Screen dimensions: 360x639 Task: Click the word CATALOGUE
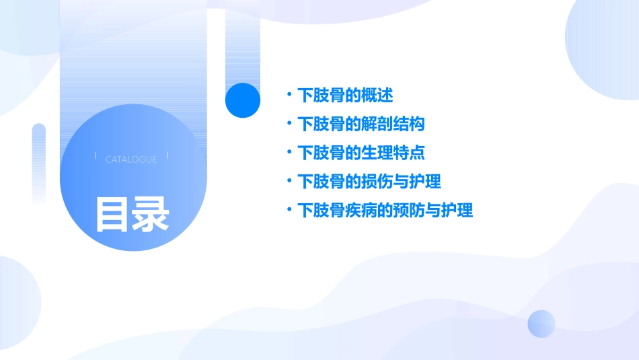[131, 159]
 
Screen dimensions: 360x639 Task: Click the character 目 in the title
[112, 213]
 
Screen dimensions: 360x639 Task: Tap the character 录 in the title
[151, 213]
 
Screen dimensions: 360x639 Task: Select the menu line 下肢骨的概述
[345, 96]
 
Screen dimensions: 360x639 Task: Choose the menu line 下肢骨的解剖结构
[361, 124]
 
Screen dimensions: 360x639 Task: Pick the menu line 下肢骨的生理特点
[361, 153]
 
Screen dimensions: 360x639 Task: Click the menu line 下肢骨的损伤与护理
[369, 182]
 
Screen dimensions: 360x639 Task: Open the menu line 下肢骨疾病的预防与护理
[385, 211]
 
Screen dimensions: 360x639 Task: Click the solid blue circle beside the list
[243, 100]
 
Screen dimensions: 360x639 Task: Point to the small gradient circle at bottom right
[541, 324]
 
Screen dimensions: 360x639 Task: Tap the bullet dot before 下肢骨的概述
[289, 96]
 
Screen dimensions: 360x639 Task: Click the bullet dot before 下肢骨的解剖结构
[289, 124]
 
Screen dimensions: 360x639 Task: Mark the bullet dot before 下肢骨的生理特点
[289, 153]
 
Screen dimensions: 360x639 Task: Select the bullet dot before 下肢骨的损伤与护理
[289, 182]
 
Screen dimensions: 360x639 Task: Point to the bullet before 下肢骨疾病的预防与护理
[289, 211]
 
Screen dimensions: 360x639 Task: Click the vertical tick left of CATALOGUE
[96, 156]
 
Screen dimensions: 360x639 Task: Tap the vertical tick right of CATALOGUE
[167, 156]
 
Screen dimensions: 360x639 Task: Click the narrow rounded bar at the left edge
[39, 161]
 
